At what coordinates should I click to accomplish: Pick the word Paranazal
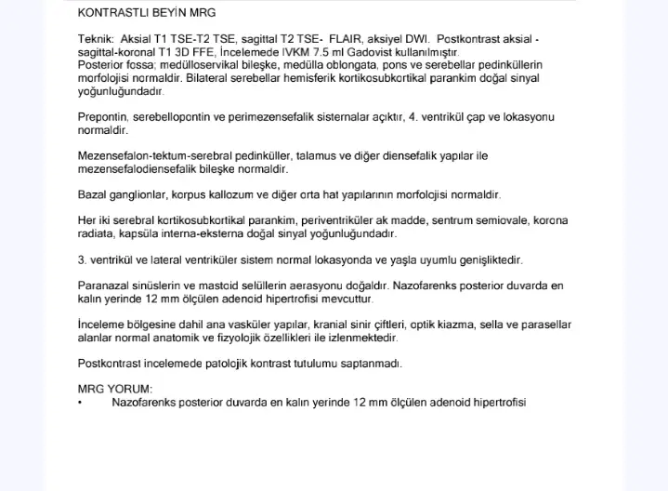tap(105, 287)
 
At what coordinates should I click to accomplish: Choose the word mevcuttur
tap(344, 299)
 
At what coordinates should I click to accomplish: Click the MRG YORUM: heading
tap(116, 390)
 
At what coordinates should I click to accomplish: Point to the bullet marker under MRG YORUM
tap(81, 402)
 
